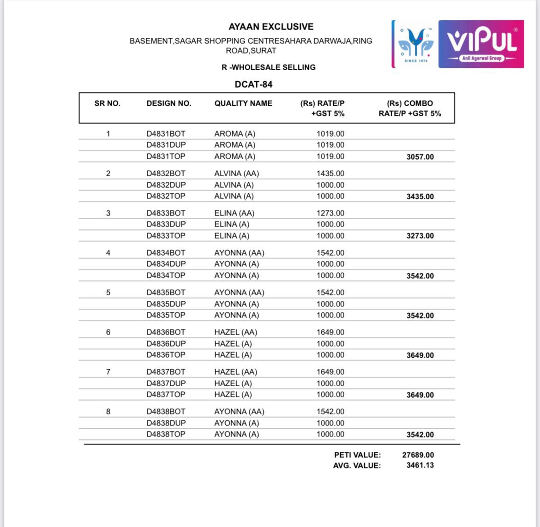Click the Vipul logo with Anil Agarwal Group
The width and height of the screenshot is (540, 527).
coord(481,44)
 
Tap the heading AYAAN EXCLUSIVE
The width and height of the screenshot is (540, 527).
coord(271,27)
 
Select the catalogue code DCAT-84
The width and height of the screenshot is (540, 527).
coord(253,84)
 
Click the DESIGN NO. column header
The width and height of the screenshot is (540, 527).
coord(168,103)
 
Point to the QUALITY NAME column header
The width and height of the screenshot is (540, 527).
coord(243,103)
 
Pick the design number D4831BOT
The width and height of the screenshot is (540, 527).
coord(166,134)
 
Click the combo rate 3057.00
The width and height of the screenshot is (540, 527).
coord(420,157)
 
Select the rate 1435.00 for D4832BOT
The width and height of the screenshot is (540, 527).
coord(330,174)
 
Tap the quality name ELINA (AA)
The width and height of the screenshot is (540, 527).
coord(234,213)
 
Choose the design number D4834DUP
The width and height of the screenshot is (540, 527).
coord(166,264)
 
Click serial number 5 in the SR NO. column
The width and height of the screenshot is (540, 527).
coord(108,293)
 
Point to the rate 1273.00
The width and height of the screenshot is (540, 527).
coord(330,213)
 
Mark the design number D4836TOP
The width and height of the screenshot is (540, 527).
coord(166,355)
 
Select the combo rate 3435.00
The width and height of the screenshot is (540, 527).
coord(420,197)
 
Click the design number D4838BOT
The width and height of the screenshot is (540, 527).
coord(166,412)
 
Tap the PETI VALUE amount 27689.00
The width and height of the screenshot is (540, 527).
coord(418,455)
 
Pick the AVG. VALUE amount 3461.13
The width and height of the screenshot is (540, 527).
coord(420,465)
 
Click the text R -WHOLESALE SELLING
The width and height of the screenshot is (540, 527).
coord(269,67)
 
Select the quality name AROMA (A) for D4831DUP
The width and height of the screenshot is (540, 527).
coord(234,145)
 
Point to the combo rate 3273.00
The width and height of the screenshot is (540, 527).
coord(420,236)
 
